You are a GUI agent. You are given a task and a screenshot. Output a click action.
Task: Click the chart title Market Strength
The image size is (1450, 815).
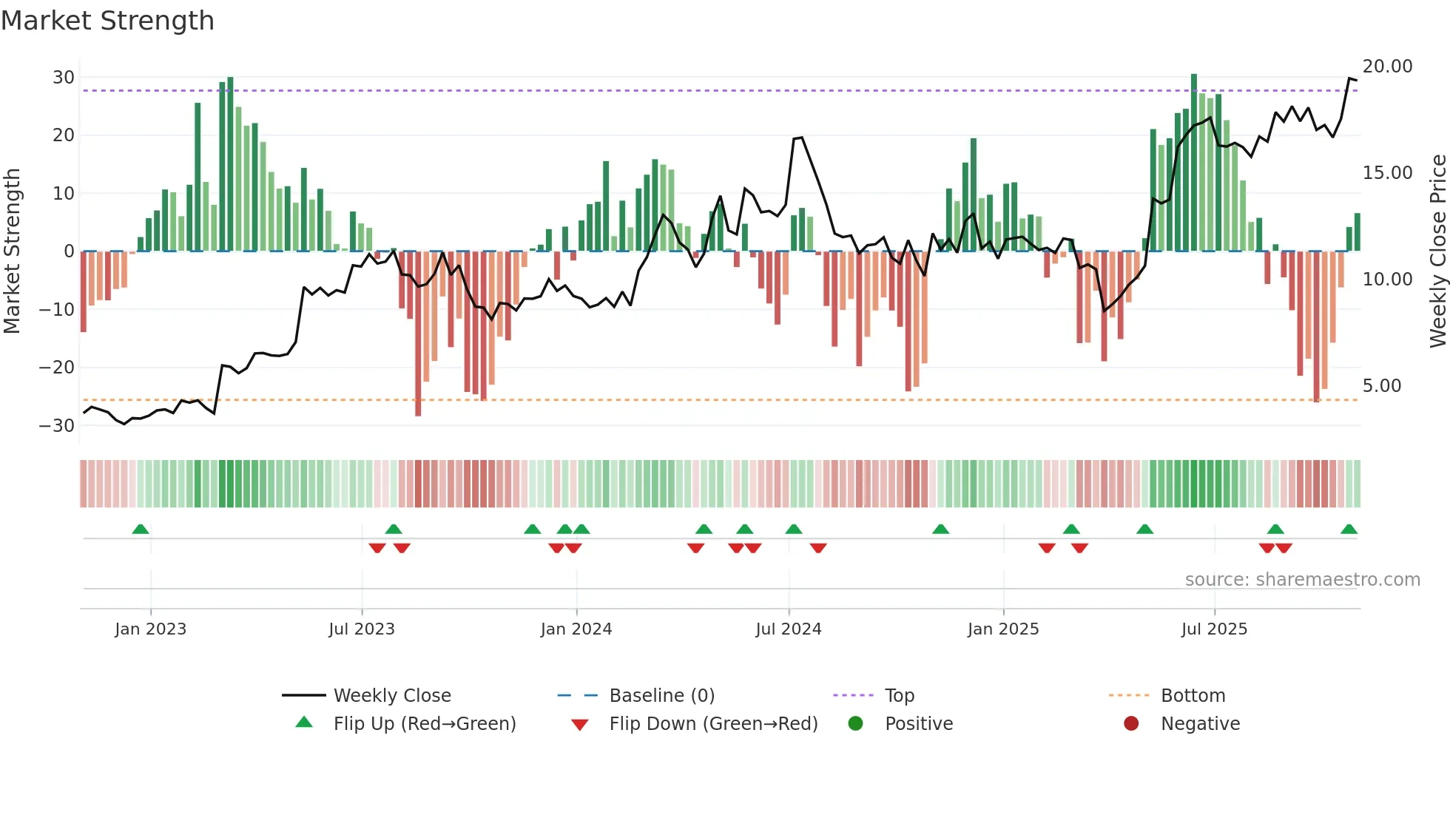[x=107, y=21]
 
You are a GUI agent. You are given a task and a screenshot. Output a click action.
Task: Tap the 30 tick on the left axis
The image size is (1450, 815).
[x=64, y=78]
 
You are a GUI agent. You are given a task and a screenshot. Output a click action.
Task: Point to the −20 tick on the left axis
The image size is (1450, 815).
[x=57, y=368]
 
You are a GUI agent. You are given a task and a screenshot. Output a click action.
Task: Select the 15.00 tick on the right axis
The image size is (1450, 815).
[x=1387, y=173]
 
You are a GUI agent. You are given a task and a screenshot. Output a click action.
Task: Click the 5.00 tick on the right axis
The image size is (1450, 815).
[x=1381, y=386]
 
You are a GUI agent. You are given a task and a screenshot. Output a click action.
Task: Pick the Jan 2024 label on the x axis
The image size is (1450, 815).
[x=576, y=629]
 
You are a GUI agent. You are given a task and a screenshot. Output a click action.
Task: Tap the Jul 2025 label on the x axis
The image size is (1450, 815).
[x=1214, y=629]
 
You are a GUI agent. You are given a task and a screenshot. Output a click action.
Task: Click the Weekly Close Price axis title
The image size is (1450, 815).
[x=1437, y=251]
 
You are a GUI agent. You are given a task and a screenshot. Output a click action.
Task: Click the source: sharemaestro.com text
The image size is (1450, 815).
[x=1302, y=580]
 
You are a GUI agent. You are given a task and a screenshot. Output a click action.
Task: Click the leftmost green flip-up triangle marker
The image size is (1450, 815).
[x=141, y=529]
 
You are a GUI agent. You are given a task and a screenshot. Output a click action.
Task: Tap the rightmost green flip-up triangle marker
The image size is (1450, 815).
[x=1349, y=529]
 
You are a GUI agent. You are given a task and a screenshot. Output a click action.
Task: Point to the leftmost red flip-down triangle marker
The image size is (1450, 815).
[x=377, y=548]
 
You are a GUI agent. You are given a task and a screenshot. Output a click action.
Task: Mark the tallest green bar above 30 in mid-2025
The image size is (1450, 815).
[x=1194, y=163]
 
